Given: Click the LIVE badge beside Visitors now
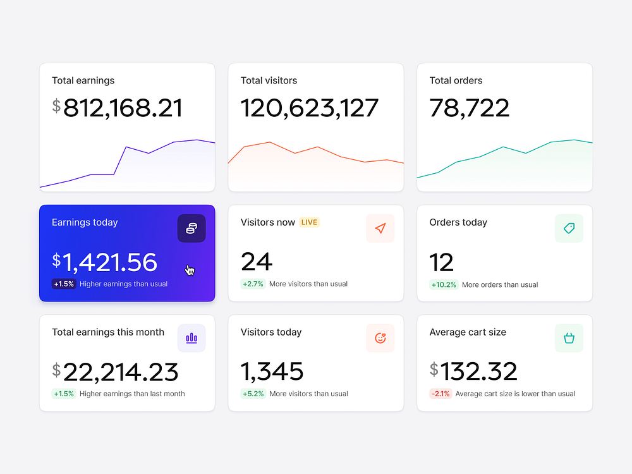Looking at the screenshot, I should (309, 222).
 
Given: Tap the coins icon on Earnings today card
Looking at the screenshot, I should (191, 229).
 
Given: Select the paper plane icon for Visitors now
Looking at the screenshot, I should (380, 229).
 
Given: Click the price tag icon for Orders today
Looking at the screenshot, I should (569, 229).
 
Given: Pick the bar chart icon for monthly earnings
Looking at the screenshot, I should (191, 338).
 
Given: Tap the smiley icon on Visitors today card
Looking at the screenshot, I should (380, 338).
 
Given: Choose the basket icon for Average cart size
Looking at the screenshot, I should (569, 338).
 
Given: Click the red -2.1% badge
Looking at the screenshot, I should (441, 394).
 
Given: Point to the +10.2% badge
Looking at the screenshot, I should (444, 284).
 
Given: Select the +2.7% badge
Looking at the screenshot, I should (253, 284).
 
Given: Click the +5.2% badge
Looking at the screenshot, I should (253, 394).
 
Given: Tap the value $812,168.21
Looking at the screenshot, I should (118, 108).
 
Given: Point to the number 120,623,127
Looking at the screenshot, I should (310, 108).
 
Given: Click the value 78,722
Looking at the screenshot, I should (470, 108).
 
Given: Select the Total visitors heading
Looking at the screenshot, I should (269, 80).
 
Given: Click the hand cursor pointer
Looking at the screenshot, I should (190, 270).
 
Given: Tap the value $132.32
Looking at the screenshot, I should (473, 372).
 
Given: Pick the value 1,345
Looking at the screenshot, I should (272, 372).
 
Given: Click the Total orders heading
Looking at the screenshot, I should (456, 80).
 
